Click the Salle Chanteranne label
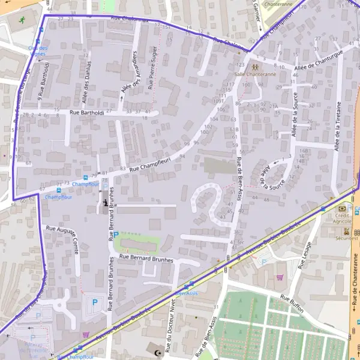(x=256, y=74)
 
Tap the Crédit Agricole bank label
(x=343, y=217)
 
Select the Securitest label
(x=346, y=238)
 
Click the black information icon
(x=106, y=203)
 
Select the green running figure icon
(x=22, y=20)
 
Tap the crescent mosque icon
(x=158, y=352)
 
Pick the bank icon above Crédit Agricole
(x=343, y=208)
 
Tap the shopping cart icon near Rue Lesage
(x=279, y=277)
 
